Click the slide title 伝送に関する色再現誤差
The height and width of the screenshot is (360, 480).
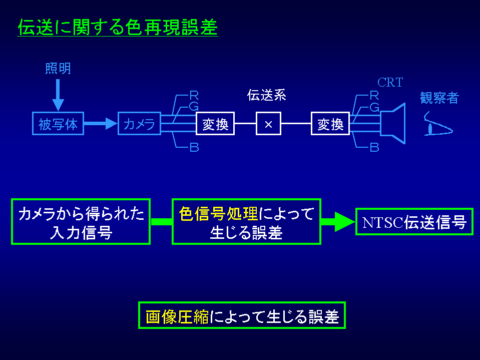click(x=118, y=28)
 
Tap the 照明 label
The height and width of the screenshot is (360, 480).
click(x=58, y=69)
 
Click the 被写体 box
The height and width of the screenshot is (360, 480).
click(x=58, y=124)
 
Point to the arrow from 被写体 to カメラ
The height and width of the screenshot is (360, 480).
click(x=100, y=124)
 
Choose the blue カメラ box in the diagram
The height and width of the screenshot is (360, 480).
click(x=139, y=124)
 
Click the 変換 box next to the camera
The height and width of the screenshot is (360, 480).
click(x=215, y=124)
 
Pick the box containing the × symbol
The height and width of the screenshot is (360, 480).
click(x=268, y=124)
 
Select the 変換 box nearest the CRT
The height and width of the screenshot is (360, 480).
click(x=330, y=124)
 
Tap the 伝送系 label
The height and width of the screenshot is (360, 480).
click(x=266, y=96)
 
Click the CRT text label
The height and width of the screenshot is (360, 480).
click(x=390, y=83)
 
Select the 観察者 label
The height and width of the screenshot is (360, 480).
click(x=439, y=98)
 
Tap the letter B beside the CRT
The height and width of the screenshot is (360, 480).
click(x=374, y=147)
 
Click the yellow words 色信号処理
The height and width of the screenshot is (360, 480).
click(x=218, y=214)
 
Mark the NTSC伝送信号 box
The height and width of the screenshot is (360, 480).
click(x=414, y=222)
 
